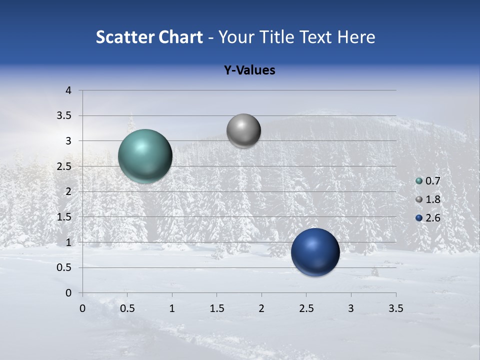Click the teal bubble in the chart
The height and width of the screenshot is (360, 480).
(145, 156)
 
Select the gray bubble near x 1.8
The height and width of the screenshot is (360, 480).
(243, 131)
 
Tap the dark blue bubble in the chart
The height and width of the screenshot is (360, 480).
(315, 252)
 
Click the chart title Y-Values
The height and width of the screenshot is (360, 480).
(249, 70)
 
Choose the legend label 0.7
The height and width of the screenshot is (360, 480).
(432, 181)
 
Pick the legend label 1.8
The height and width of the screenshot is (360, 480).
(432, 199)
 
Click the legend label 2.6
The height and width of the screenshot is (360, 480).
(432, 217)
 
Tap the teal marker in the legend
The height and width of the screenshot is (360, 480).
(419, 181)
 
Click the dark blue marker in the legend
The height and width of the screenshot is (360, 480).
(419, 217)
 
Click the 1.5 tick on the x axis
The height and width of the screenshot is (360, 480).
(216, 308)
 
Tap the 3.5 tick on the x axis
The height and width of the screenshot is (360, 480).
(395, 308)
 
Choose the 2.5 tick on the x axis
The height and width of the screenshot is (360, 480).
(306, 308)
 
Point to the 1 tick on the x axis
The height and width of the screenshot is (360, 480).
(172, 308)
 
